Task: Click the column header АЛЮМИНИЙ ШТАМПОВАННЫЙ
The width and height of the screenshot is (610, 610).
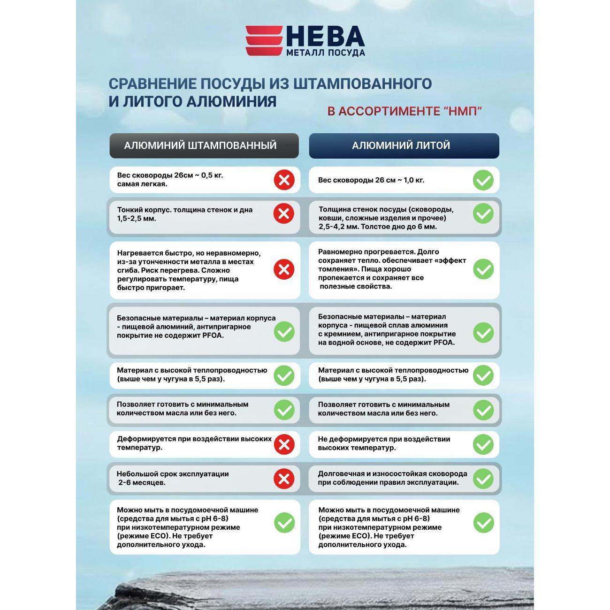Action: click(x=204, y=145)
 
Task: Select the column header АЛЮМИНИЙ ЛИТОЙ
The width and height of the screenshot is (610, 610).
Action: click(x=404, y=145)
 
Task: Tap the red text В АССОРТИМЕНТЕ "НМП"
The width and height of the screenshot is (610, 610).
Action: click(x=404, y=111)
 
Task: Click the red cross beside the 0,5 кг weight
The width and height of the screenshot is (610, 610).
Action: click(x=284, y=180)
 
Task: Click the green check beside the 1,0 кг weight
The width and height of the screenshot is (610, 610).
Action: click(x=483, y=180)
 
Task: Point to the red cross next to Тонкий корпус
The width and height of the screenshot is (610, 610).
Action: click(x=284, y=214)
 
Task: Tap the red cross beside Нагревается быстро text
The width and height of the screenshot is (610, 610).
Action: click(x=284, y=270)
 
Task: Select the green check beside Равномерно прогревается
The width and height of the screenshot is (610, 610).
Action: click(x=483, y=270)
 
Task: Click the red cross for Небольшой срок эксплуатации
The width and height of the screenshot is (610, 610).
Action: click(x=284, y=479)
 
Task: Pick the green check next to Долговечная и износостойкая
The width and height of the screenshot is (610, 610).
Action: click(x=483, y=479)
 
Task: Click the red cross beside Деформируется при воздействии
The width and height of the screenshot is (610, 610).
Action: click(x=284, y=444)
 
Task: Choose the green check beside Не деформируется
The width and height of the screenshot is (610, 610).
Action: click(x=483, y=444)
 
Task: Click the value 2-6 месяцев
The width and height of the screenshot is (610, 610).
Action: click(x=142, y=483)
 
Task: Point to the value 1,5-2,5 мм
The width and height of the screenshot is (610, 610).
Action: click(x=136, y=219)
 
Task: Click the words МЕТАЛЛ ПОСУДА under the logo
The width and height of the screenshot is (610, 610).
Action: click(x=326, y=53)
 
